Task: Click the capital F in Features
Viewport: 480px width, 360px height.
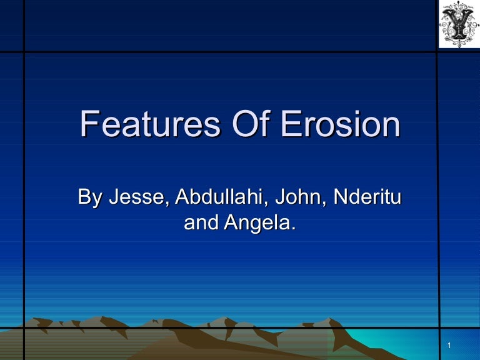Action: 89,124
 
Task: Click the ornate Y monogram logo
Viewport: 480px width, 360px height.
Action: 459,24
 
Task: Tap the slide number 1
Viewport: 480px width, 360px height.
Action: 449,346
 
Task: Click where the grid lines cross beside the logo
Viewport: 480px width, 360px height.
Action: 436,51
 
